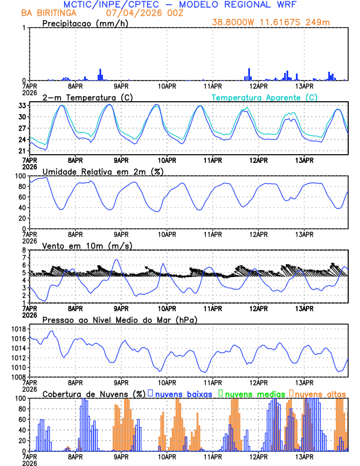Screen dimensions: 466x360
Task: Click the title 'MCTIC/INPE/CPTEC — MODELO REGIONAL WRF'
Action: coord(181,4)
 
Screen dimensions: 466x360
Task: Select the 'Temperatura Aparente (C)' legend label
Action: coord(265,96)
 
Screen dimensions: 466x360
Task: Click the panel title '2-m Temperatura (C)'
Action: coord(83,96)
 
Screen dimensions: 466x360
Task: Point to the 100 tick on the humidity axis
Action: coord(19,176)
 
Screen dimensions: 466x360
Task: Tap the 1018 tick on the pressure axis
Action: coord(16,329)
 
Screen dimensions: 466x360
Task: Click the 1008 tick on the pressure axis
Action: coord(16,377)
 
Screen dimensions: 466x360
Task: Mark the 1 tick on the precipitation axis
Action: coord(24,28)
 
